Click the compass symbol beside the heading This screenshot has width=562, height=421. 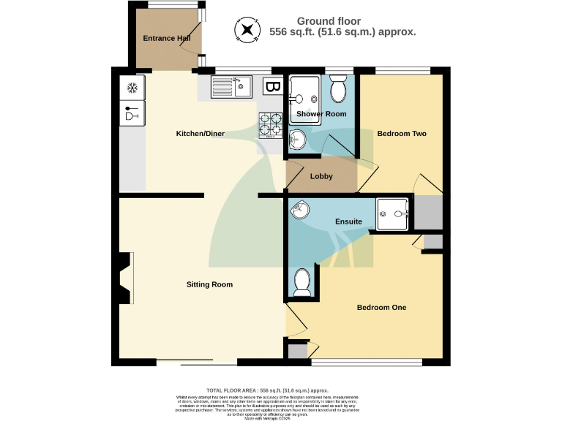pyautogui.click(x=247, y=30)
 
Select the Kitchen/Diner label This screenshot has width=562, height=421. pyautogui.click(x=200, y=134)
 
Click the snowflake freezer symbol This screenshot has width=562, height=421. pyautogui.click(x=132, y=88)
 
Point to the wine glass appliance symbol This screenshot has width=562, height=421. pyautogui.click(x=132, y=113)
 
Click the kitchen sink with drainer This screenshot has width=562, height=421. pyautogui.click(x=231, y=88)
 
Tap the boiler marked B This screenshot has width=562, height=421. pyautogui.click(x=272, y=88)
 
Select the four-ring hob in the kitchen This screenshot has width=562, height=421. pyautogui.click(x=270, y=126)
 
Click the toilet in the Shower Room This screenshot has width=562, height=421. pyautogui.click(x=338, y=91)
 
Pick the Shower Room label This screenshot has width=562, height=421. pyautogui.click(x=321, y=114)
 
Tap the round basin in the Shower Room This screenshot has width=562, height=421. pyautogui.click(x=299, y=138)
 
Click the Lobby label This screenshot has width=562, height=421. pyautogui.click(x=321, y=176)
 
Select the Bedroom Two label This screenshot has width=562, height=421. pyautogui.click(x=401, y=134)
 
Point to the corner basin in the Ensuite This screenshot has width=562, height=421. pyautogui.click(x=299, y=210)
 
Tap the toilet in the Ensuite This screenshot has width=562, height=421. pyautogui.click(x=301, y=282)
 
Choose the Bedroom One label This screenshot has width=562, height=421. pyautogui.click(x=381, y=308)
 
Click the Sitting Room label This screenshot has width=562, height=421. pyautogui.click(x=209, y=284)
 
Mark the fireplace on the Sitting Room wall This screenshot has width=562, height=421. pyautogui.click(x=123, y=278)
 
